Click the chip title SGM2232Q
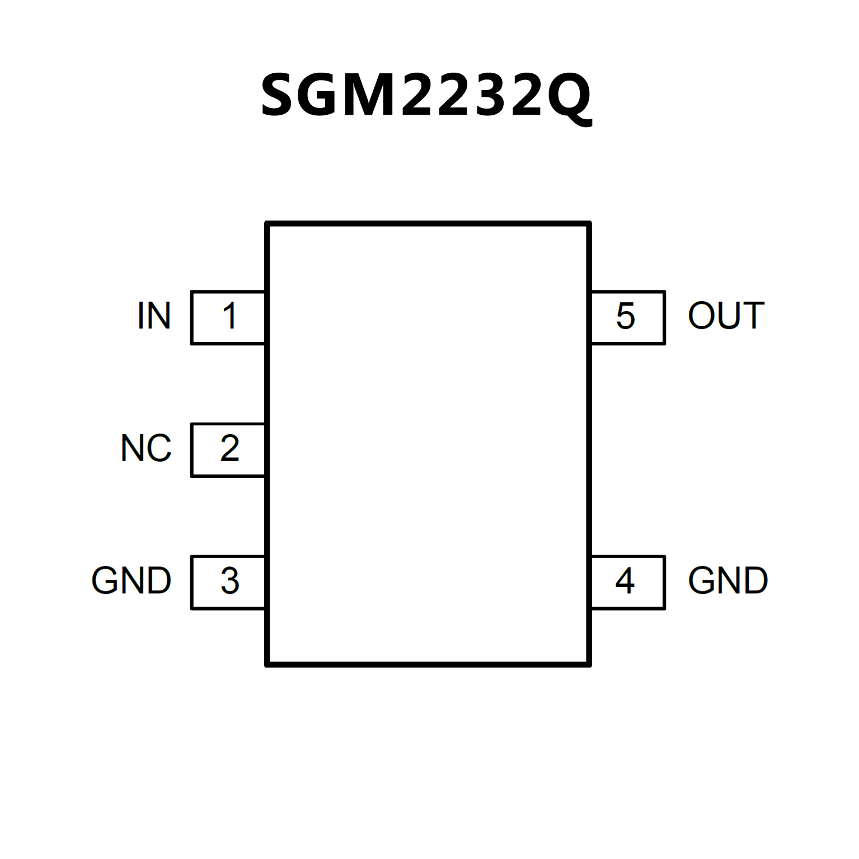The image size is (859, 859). [x=426, y=95]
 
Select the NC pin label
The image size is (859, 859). [x=146, y=448]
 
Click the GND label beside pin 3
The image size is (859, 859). [x=132, y=581]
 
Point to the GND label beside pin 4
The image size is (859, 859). [x=727, y=581]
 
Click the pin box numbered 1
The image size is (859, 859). [x=228, y=317]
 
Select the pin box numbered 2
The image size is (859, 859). [x=228, y=450]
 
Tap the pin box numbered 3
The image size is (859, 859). [x=228, y=582]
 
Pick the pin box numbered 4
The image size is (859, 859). [x=628, y=582]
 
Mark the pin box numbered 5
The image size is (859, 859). [x=628, y=317]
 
